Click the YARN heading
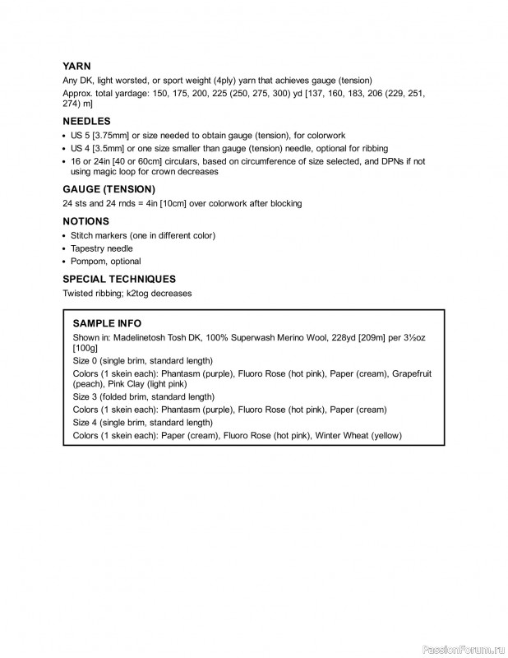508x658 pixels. pyautogui.click(x=76, y=66)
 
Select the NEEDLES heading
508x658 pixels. pyautogui.click(x=86, y=121)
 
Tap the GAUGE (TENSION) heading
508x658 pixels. pyautogui.click(x=109, y=189)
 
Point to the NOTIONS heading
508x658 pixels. pyautogui.click(x=85, y=221)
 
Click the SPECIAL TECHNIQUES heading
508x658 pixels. pyautogui.click(x=119, y=279)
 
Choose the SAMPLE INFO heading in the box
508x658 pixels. pyautogui.click(x=107, y=323)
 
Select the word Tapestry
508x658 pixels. pyautogui.click(x=89, y=248)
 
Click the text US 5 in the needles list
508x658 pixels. pyautogui.click(x=82, y=135)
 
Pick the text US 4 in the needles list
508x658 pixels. pyautogui.click(x=82, y=148)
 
